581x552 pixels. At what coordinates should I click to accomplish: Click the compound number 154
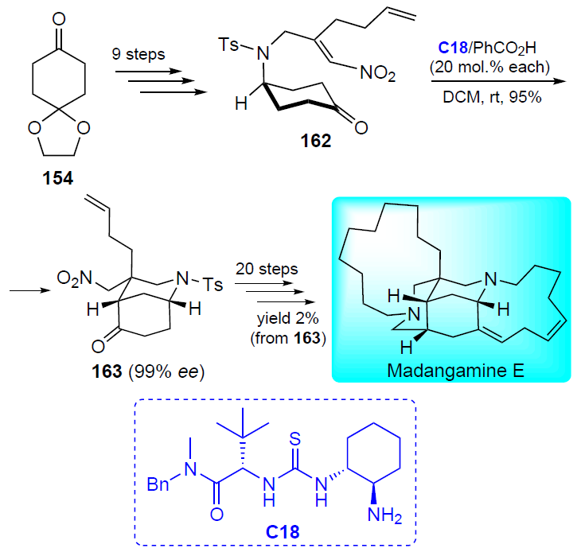coord(58,178)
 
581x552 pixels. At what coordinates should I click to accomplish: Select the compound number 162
coord(315,141)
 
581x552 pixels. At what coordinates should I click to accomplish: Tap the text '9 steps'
coord(138,54)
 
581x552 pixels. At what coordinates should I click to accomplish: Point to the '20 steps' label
coord(267,269)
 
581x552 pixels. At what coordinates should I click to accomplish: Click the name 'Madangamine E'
coord(455,370)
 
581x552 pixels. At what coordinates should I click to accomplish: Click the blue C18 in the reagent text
coord(453,48)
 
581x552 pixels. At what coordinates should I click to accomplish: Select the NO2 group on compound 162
coord(377,73)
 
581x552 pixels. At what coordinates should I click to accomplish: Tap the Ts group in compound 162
coord(228,45)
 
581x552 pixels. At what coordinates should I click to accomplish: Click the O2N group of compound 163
coord(75,278)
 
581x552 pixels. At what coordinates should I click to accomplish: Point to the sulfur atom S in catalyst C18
coord(295,439)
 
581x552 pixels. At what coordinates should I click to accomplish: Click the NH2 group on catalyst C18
coord(384,515)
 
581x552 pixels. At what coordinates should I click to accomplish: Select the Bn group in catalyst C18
coord(158,484)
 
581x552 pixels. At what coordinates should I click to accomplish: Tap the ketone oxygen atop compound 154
coord(59,19)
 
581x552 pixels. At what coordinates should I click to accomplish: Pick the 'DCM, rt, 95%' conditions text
coord(492,97)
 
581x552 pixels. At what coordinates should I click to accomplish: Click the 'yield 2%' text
coord(288,318)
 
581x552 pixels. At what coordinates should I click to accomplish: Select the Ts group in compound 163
coord(213,285)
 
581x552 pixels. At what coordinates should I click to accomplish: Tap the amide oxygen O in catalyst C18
coord(216,514)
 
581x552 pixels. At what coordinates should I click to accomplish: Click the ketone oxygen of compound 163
coord(98,347)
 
